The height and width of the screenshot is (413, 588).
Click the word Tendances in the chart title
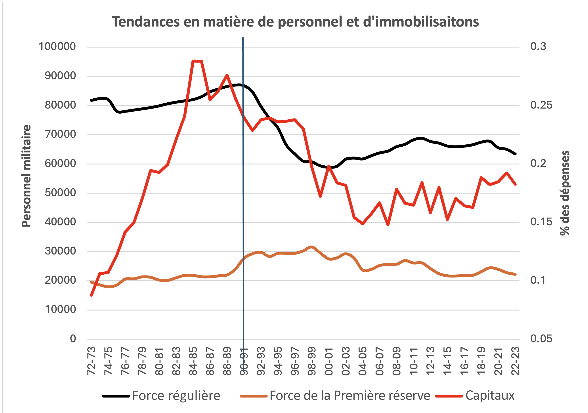tap(146, 22)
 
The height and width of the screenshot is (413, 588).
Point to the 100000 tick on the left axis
tap(57, 47)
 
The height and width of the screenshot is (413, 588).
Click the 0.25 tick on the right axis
tap(541, 105)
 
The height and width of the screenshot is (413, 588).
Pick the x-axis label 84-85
tap(193, 361)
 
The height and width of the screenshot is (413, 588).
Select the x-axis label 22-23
tap(515, 361)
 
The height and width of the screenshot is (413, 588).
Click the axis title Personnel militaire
tap(26, 176)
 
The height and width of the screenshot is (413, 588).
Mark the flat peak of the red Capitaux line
tap(197, 61)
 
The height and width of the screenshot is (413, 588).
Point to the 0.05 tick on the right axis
tap(541, 339)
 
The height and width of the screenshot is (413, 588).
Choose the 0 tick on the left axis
tap(73, 339)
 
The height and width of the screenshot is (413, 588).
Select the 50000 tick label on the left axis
tap(60, 193)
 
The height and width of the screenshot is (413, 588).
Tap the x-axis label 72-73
tap(92, 361)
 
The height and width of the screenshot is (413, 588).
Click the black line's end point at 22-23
tap(515, 154)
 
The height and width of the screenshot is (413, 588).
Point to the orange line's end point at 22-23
tap(515, 274)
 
